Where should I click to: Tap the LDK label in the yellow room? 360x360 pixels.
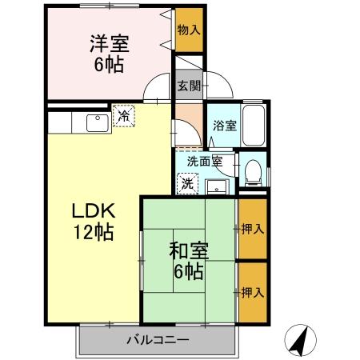pyautogui.click(x=94, y=211)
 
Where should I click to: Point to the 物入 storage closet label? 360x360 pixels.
pyautogui.click(x=190, y=30)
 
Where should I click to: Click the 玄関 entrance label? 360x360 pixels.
pyautogui.click(x=189, y=86)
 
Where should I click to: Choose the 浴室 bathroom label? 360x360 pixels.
pyautogui.click(x=224, y=126)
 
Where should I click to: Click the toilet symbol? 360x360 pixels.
pyautogui.click(x=253, y=170)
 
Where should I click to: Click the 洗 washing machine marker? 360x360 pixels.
pyautogui.click(x=186, y=183)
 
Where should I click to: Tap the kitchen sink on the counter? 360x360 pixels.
pyautogui.click(x=96, y=122)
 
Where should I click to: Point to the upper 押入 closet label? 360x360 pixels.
pyautogui.click(x=253, y=229)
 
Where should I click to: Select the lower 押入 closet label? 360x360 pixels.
pyautogui.click(x=253, y=292)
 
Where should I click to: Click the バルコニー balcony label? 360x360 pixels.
pyautogui.click(x=158, y=340)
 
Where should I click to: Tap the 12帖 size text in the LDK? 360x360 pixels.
pyautogui.click(x=94, y=234)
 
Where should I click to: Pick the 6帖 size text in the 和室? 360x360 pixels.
pyautogui.click(x=189, y=270)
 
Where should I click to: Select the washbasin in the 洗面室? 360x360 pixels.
pyautogui.click(x=215, y=187)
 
